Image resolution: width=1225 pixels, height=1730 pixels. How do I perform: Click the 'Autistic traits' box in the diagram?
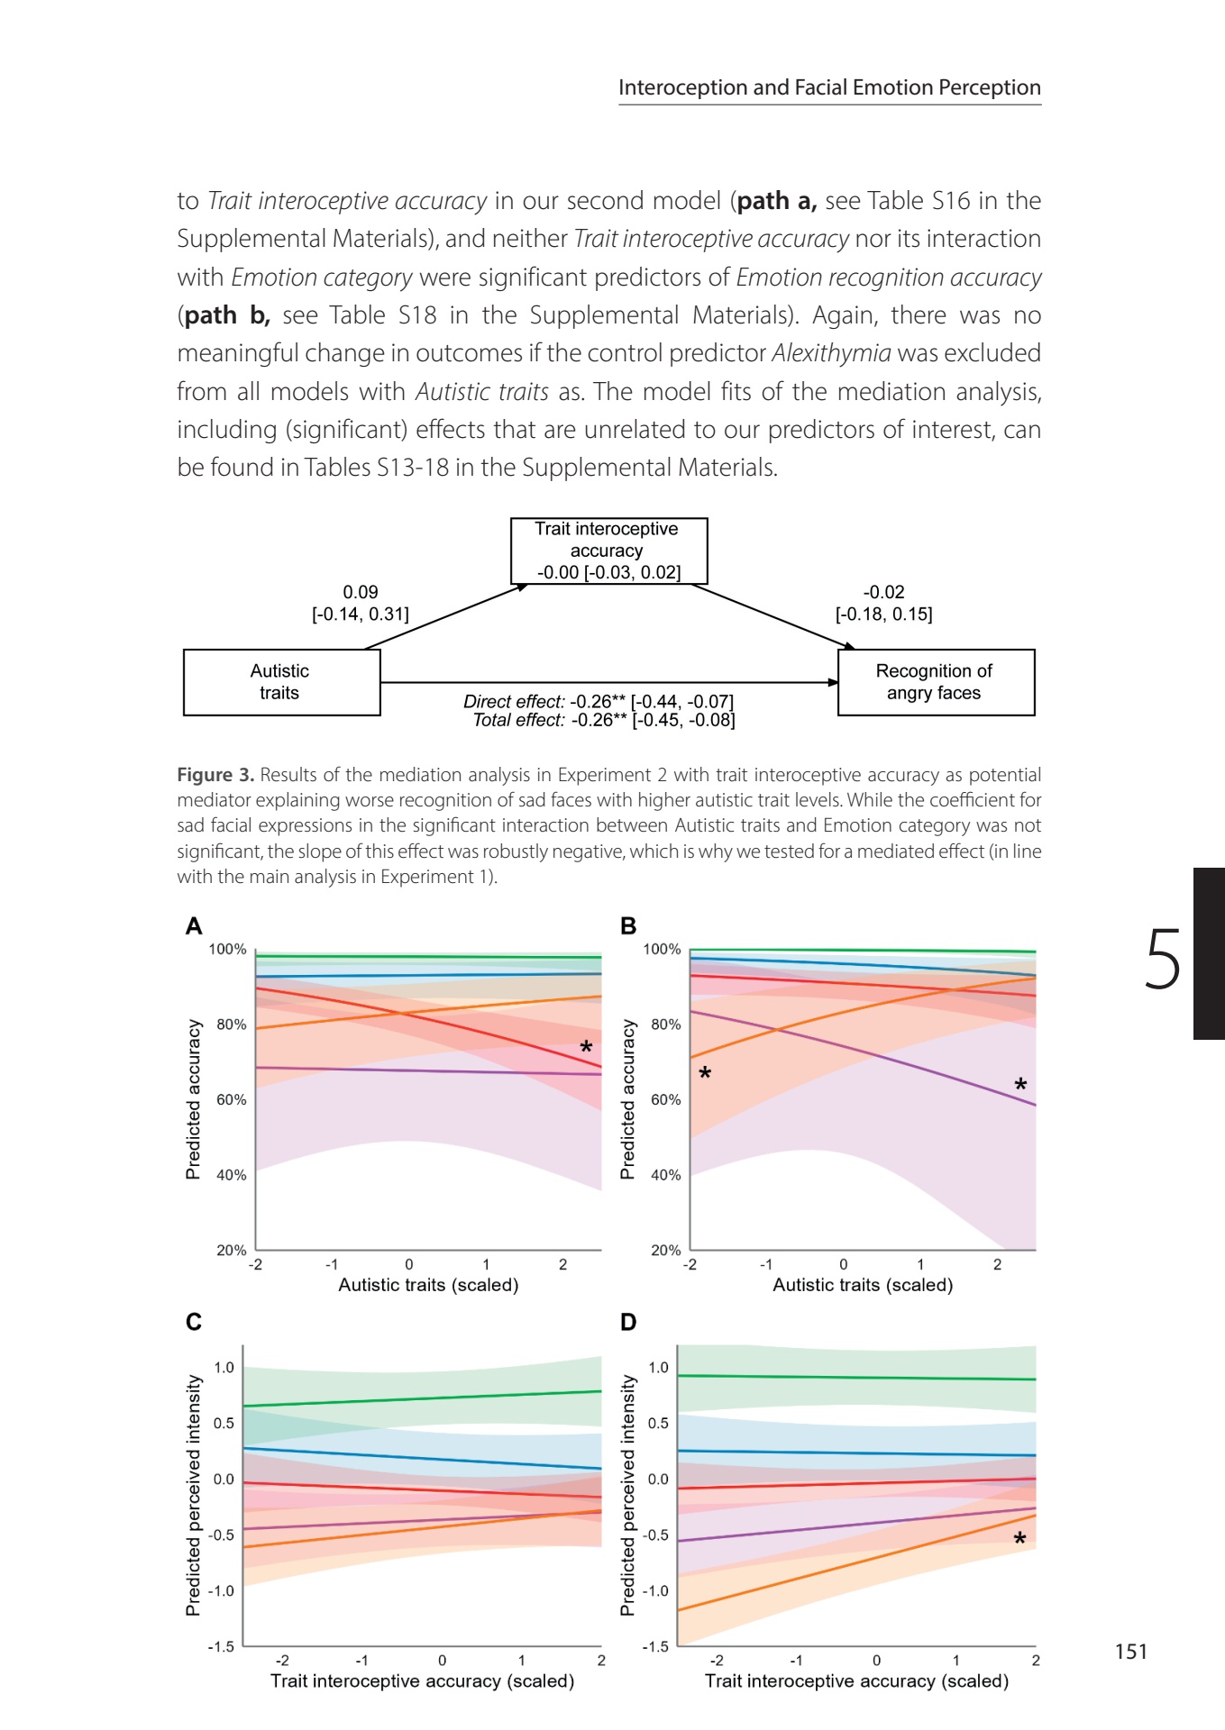point(281,682)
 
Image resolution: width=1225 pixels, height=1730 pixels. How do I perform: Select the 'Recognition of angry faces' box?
point(936,682)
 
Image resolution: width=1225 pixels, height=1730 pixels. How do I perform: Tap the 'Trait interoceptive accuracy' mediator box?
point(608,551)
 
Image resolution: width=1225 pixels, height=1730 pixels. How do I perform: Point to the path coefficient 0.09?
point(361,592)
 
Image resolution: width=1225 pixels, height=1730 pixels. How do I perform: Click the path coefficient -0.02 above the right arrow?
point(883,592)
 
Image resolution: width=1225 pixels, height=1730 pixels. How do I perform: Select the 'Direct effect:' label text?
point(514,701)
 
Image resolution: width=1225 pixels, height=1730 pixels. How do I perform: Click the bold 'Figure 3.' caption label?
point(215,775)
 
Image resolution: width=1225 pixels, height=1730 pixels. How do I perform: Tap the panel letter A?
point(194,926)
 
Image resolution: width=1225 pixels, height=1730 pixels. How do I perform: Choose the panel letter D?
point(628,1322)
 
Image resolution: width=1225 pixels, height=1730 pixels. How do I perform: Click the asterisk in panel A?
point(586,1047)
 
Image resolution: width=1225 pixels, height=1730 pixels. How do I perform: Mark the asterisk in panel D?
point(1019,1538)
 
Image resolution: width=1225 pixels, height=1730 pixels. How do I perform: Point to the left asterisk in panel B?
point(705,1072)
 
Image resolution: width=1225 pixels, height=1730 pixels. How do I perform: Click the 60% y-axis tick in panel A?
point(232,1099)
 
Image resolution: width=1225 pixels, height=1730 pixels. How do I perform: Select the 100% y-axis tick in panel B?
point(662,949)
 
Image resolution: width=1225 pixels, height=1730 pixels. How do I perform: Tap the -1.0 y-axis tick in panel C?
point(221,1590)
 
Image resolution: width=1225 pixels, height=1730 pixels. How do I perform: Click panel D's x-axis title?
point(856,1680)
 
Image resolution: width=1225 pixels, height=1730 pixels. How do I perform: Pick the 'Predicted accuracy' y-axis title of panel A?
point(193,1099)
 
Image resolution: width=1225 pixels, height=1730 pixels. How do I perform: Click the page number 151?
point(1131,1651)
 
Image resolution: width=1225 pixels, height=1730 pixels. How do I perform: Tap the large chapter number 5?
point(1163,960)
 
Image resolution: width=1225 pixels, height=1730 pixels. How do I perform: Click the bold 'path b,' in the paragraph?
point(227,315)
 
